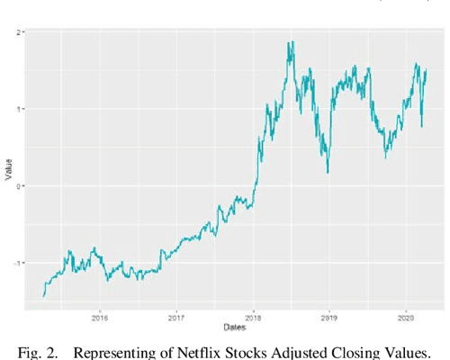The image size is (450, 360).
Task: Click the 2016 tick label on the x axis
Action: click(100, 317)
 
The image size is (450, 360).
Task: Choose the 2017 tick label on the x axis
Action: click(176, 317)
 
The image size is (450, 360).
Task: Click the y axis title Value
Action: click(7, 171)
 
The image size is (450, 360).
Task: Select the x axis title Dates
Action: click(235, 326)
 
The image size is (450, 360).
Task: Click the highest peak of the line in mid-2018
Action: click(290, 42)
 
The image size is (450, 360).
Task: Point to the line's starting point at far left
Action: click(43, 295)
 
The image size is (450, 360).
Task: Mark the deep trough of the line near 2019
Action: click(327, 172)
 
